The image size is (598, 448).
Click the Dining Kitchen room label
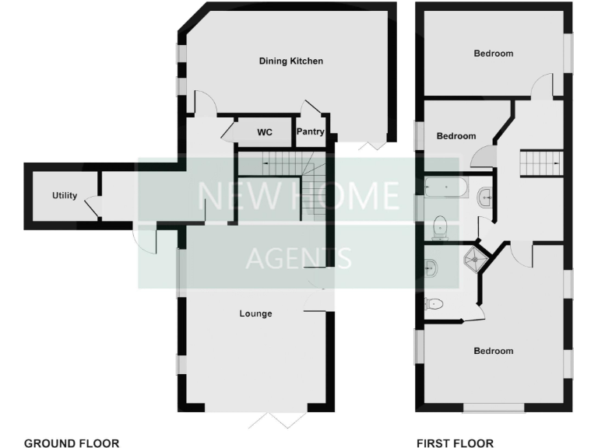(x=291, y=61)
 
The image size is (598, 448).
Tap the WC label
(x=265, y=132)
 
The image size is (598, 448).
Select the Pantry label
(x=310, y=132)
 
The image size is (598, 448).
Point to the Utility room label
(x=65, y=195)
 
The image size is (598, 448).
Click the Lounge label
(x=255, y=314)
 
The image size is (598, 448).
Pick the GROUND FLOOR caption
(x=72, y=443)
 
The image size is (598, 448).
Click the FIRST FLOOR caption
(x=455, y=443)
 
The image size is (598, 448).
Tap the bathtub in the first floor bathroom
(x=447, y=187)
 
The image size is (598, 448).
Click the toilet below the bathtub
(x=441, y=226)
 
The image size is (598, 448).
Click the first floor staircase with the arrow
(x=540, y=163)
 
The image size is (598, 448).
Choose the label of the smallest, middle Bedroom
(x=456, y=136)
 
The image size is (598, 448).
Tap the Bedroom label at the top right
(x=494, y=54)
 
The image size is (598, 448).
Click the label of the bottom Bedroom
(x=494, y=351)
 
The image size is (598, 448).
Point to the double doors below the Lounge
(x=276, y=420)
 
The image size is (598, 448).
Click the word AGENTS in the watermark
(x=298, y=257)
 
